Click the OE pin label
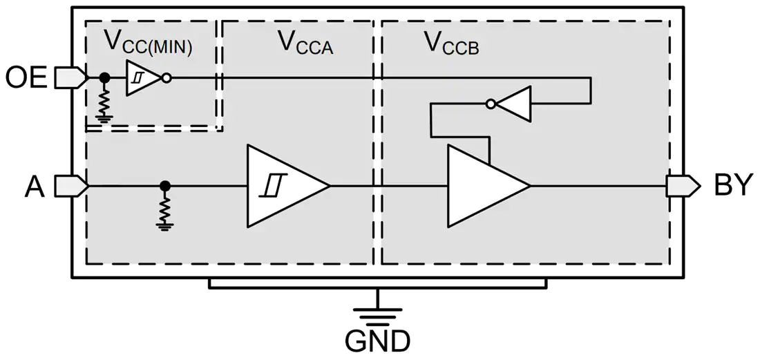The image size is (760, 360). [26, 78]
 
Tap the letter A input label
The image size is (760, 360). [35, 187]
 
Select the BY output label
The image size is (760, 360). [734, 185]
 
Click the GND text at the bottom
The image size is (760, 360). [378, 341]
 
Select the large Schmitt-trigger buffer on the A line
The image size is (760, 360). [288, 186]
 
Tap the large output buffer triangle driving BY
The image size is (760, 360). [488, 186]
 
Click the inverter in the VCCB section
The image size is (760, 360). [509, 103]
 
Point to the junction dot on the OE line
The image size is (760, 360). [103, 77]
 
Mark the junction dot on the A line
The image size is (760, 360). [165, 185]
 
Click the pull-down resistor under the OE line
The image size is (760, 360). [103, 102]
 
